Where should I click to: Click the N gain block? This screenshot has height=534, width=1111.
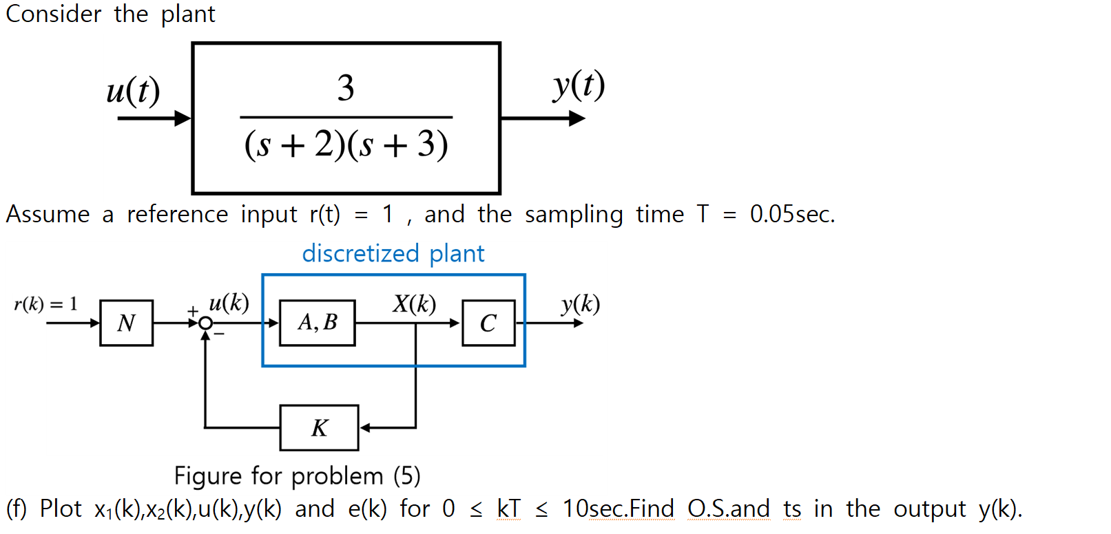(126, 323)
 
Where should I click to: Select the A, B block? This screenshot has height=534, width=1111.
(318, 323)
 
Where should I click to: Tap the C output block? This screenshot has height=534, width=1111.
(488, 323)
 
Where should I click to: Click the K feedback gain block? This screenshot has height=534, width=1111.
(319, 428)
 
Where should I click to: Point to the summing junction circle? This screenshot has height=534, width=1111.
(205, 323)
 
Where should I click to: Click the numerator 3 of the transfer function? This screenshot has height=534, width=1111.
(346, 88)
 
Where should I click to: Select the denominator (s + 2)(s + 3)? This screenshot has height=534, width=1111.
(346, 145)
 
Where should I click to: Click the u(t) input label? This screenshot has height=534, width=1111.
(133, 91)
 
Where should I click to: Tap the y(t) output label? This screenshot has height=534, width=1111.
(579, 85)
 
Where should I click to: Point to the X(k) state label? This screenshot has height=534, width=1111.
(414, 303)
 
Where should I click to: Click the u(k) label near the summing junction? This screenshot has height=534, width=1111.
(229, 302)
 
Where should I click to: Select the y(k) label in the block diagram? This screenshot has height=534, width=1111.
(580, 303)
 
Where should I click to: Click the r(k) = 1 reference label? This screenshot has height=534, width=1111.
(45, 304)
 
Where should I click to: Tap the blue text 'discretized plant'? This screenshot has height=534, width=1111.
(393, 253)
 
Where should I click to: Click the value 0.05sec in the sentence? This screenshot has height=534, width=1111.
(792, 214)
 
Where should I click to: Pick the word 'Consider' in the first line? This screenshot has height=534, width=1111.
(53, 14)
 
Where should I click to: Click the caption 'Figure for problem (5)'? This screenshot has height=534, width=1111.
(297, 476)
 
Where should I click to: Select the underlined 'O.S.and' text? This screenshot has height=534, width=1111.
(728, 509)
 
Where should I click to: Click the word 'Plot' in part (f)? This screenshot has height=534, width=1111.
(61, 509)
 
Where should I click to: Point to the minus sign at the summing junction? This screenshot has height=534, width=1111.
(219, 334)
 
